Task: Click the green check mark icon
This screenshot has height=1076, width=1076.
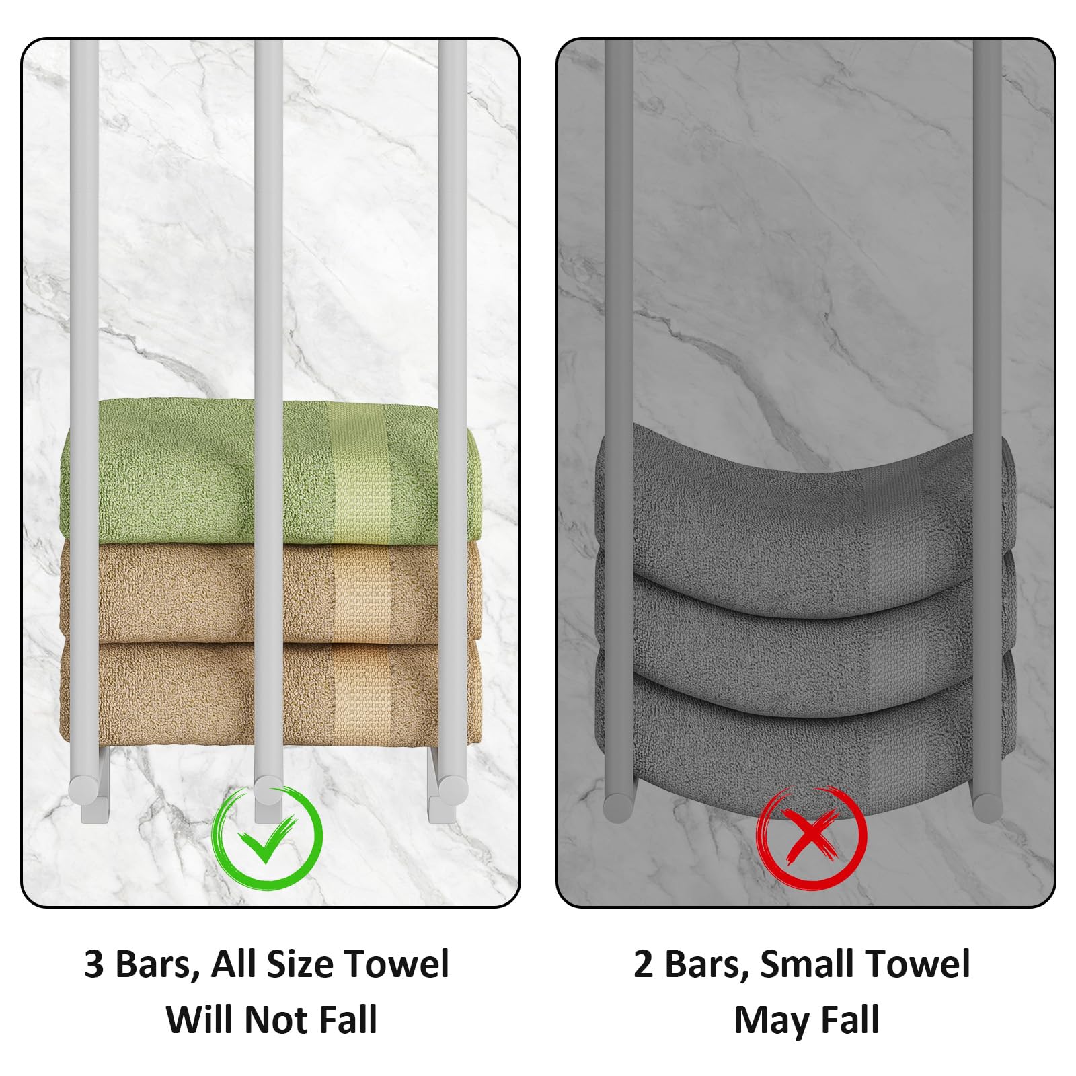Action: [x=268, y=838]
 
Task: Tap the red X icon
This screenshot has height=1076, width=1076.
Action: [x=812, y=838]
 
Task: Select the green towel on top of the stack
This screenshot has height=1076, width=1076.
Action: [x=270, y=471]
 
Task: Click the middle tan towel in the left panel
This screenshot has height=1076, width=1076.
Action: [x=270, y=592]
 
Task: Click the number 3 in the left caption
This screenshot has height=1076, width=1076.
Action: [x=94, y=964]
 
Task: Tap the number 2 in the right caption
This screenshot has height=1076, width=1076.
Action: [x=644, y=964]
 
